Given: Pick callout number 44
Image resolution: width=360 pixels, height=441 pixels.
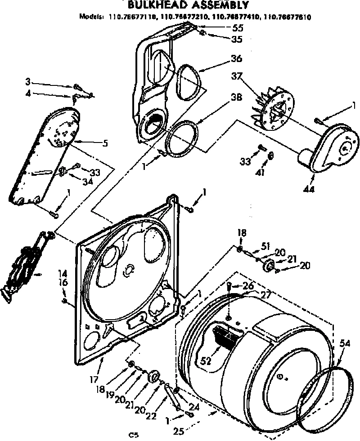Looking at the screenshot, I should coord(308,189).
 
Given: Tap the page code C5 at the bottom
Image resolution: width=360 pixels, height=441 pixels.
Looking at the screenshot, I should coord(133,435).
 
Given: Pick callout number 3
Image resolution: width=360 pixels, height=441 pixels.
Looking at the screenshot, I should coord(28,82).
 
